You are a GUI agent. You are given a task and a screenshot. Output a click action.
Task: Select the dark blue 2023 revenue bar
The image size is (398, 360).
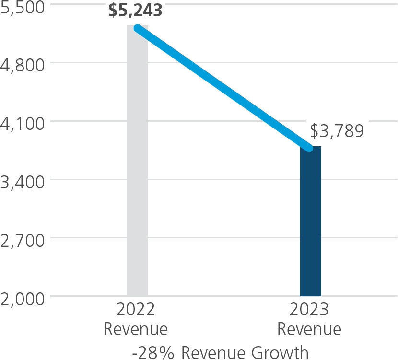(x=310, y=225)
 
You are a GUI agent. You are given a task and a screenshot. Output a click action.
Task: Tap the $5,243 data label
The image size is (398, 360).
(x=135, y=11)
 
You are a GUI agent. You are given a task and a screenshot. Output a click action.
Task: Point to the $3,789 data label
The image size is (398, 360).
(x=337, y=131)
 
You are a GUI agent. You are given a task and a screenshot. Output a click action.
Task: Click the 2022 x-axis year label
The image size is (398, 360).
(x=136, y=310)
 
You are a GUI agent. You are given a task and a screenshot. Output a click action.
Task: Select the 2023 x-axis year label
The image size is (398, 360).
(x=309, y=310)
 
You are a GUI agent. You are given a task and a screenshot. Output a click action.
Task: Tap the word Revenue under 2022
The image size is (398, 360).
(x=136, y=329)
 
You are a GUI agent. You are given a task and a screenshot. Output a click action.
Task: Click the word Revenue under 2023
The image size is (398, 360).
(x=309, y=329)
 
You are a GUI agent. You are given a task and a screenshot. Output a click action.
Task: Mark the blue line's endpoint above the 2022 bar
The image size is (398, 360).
(x=138, y=28)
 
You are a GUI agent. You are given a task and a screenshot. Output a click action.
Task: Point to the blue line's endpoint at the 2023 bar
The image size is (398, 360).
(x=310, y=148)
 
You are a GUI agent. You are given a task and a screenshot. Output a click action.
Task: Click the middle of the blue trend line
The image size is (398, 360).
(x=223, y=88)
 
